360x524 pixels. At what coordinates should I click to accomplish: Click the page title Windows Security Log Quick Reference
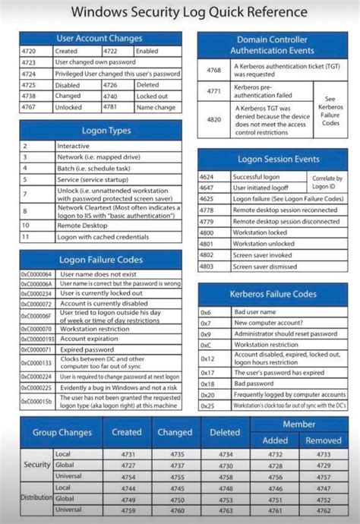point(179,12)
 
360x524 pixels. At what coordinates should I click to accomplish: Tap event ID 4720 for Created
point(29,51)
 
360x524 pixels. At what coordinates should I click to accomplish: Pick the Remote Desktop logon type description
point(83,226)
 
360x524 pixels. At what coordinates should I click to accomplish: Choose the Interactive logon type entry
point(74,146)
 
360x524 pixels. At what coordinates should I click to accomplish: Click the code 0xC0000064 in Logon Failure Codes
point(36,274)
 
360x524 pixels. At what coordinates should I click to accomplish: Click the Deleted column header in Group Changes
point(226,432)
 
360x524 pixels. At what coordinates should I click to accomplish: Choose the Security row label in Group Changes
point(36,464)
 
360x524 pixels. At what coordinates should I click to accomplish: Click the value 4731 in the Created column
point(128,453)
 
